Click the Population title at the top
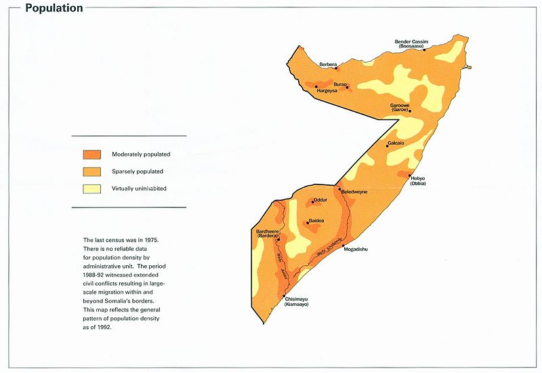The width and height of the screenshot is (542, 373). coord(54,9)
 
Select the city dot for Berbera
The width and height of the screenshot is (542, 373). coord(337,66)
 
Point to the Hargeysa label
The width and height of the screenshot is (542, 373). coord(324,91)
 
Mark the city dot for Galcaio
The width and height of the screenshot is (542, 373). coord(388,146)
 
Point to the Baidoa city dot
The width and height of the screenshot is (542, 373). coord(308,222)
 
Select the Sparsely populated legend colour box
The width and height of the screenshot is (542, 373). coord(92,172)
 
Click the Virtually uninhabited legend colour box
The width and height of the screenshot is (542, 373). coord(92,188)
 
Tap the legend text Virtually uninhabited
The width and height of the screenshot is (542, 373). coord(139,188)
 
